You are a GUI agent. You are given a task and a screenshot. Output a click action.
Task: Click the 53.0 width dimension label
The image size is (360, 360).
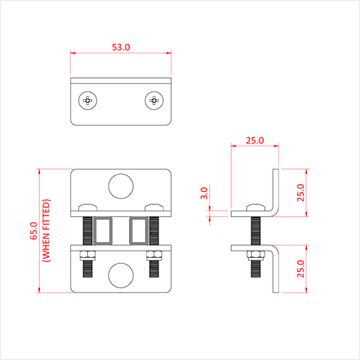[x=121, y=47]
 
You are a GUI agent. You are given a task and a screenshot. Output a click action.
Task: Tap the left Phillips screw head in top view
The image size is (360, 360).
[x=88, y=100]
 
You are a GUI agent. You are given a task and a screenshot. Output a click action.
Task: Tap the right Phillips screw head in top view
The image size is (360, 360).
[x=154, y=100]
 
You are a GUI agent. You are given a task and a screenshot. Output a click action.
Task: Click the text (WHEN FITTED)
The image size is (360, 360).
[x=47, y=231]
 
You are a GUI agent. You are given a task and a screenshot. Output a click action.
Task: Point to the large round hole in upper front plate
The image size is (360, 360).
[x=121, y=186]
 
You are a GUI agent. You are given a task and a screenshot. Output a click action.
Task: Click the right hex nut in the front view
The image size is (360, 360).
[x=154, y=255]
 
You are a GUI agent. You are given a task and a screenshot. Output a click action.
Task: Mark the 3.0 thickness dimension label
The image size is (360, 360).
[x=204, y=193]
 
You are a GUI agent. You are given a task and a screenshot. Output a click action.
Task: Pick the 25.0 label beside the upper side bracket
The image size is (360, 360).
[x=301, y=192]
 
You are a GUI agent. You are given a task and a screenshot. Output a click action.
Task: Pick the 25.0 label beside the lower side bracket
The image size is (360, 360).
[x=301, y=268]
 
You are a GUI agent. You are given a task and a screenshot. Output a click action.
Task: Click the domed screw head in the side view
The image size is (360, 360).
[x=255, y=207]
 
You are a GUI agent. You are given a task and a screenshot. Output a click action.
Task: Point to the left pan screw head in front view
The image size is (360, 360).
[x=88, y=207]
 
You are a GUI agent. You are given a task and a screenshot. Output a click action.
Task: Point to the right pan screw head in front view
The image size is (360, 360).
[x=154, y=207]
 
